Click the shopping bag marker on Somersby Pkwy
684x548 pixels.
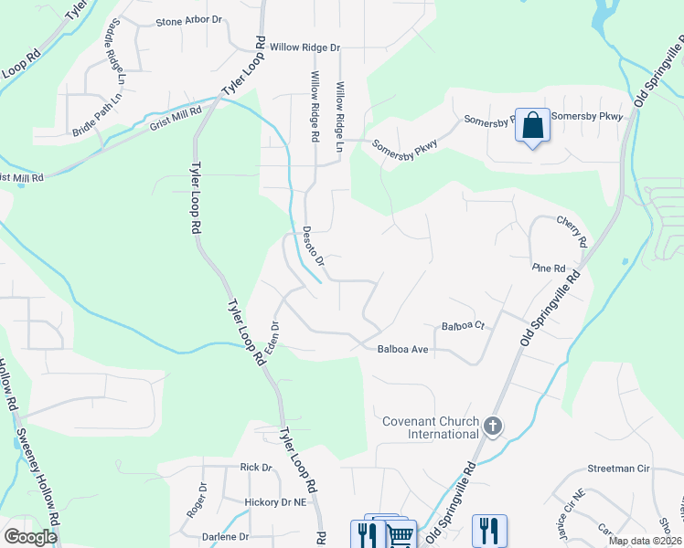coord(533,125)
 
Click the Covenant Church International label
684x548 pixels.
coord(431,427)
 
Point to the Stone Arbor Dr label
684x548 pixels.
coord(189,20)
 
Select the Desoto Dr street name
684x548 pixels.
coord(314,246)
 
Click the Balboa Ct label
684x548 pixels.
coord(462,326)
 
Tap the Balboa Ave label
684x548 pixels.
coord(403,349)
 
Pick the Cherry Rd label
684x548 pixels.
coord(572,231)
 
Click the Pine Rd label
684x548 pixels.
coord(549,267)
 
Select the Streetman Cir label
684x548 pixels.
coord(618,469)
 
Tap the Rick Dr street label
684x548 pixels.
coord(256,468)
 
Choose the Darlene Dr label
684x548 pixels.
coord(226,537)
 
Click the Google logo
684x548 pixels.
coord(30,537)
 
